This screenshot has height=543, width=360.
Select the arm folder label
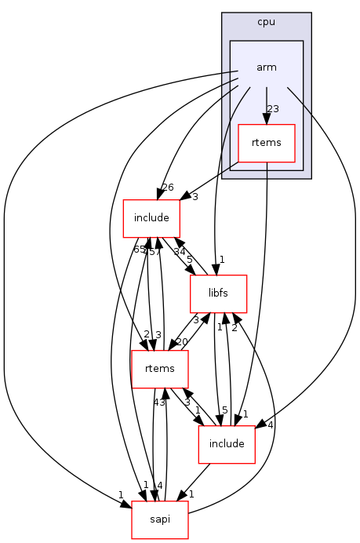pos(266,67)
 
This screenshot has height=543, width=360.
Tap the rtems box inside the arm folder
pos(266,143)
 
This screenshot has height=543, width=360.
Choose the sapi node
pos(160,519)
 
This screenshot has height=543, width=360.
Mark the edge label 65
pos(139,250)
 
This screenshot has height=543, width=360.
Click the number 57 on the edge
pos(155,251)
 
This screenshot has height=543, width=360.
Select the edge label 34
pos(180,251)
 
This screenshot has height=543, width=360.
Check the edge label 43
pos(158,403)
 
